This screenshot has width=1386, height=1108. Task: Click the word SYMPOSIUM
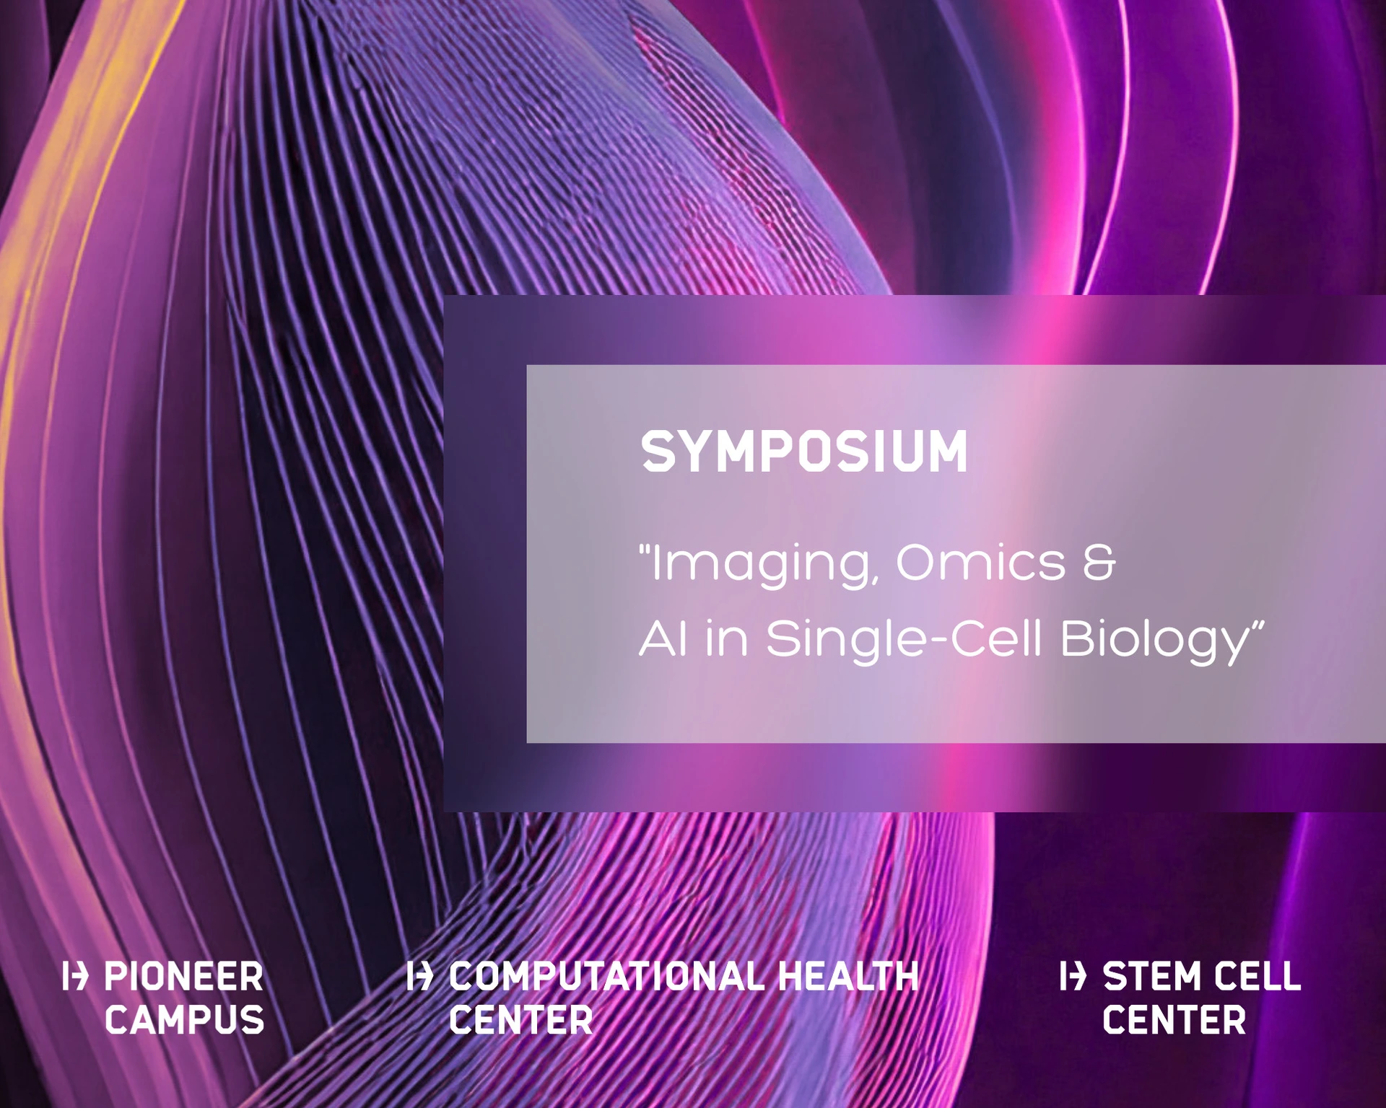pos(803,452)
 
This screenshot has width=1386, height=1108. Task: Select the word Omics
pos(980,562)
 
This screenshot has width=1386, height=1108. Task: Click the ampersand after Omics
pos(1099,562)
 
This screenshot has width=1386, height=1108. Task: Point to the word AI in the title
pos(663,639)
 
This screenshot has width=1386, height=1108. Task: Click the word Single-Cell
pos(904,639)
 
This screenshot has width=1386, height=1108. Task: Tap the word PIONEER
pos(184,977)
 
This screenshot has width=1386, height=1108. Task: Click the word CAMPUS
pos(185,1020)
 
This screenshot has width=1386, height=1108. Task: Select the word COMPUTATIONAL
pos(606,977)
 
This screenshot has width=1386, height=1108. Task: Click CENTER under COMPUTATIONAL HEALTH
pos(520,1020)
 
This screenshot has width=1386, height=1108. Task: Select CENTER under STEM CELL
pos(1174,1020)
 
